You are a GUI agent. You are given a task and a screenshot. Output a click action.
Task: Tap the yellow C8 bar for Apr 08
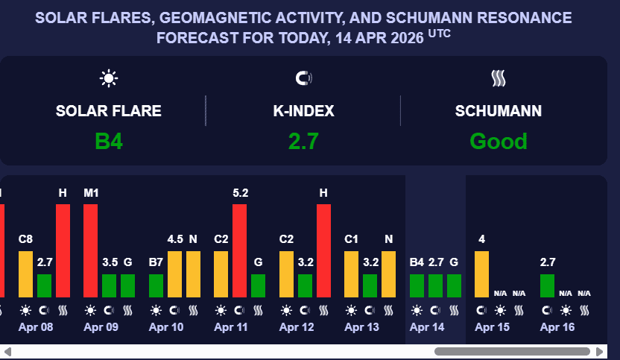pos(25,274)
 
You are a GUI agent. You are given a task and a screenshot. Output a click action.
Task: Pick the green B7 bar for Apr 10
pos(156,286)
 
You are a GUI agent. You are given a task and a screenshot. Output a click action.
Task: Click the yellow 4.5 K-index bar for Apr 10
pos(174,274)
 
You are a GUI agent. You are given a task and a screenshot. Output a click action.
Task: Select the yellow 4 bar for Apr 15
pos(481,274)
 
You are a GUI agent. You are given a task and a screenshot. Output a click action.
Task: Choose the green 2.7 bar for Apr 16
pos(547,286)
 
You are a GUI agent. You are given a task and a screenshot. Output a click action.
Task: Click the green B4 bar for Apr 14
pos(417,286)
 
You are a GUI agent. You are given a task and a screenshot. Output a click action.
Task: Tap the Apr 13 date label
pos(361,327)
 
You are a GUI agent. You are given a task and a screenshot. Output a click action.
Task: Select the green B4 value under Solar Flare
pos(109,141)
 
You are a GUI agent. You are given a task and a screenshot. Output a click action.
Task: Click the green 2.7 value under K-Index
pos(303,141)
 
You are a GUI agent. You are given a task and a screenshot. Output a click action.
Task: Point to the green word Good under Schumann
pos(499,141)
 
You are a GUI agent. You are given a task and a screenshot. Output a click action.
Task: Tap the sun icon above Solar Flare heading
pos(109,78)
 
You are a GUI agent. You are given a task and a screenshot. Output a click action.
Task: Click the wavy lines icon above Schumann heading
pos(499,78)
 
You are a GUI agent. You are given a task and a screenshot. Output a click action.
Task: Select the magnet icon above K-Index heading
pos(303,78)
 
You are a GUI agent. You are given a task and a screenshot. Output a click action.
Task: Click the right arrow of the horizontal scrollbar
pos(600,351)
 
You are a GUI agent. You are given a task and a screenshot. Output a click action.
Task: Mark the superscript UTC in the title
pos(440,34)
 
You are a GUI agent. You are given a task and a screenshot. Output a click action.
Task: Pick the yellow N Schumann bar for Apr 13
pos(388,274)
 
